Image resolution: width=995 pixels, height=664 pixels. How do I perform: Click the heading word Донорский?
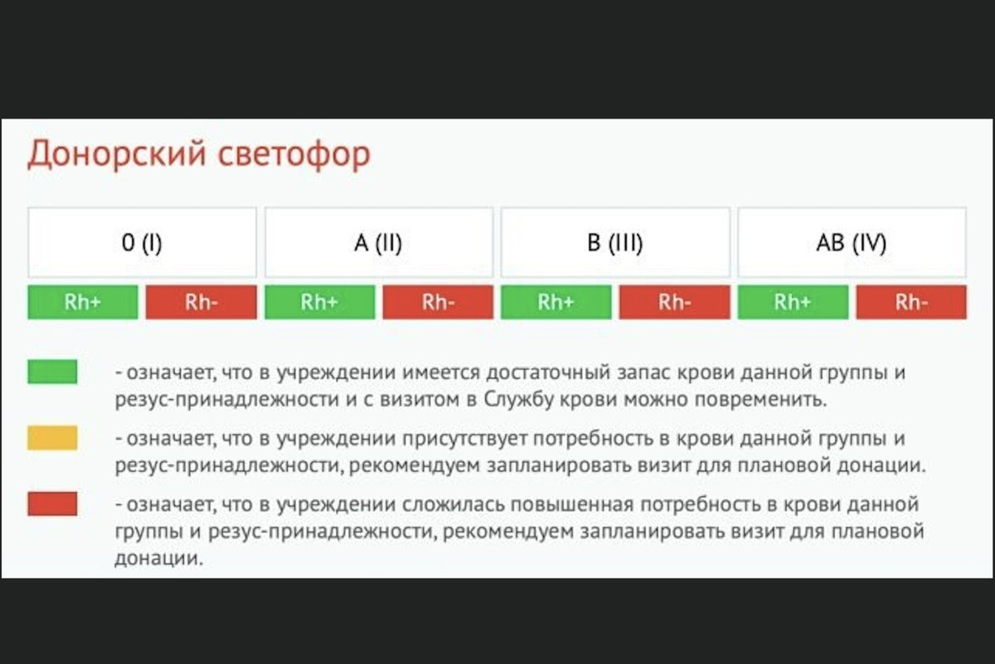point(117,154)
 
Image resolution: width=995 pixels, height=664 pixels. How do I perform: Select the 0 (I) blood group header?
point(142,243)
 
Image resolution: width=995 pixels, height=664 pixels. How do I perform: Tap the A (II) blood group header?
point(379,243)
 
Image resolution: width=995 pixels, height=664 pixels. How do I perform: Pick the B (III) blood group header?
point(615,243)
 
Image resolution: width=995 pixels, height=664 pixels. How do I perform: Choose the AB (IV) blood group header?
point(852,243)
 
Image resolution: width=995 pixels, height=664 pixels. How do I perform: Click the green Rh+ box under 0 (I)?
point(83,302)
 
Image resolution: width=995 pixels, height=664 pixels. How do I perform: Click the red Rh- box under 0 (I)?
point(201,302)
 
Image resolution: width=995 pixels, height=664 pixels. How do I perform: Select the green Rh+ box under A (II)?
point(320,302)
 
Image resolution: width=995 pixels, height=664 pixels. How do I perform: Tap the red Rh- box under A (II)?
point(438,302)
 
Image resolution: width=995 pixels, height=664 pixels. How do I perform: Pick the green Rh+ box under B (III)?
point(556,302)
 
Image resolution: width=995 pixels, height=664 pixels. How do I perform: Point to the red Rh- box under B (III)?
point(675,302)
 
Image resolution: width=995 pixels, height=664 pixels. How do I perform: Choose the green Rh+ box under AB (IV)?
point(793,302)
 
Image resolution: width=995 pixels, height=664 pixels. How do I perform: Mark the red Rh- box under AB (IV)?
point(911,302)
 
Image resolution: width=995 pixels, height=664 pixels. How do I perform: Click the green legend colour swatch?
point(52,372)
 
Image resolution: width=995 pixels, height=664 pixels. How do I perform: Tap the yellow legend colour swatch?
point(52,438)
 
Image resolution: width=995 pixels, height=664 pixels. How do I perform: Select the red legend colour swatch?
point(52,504)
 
